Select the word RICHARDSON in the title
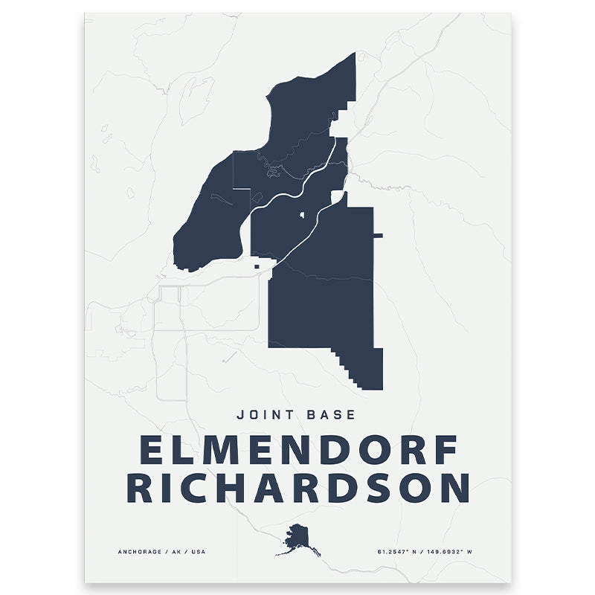pos(297,487)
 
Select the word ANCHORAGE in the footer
pos(141,552)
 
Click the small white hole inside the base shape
pos(303,216)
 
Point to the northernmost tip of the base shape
pos(354,54)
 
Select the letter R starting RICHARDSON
pos(138,487)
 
